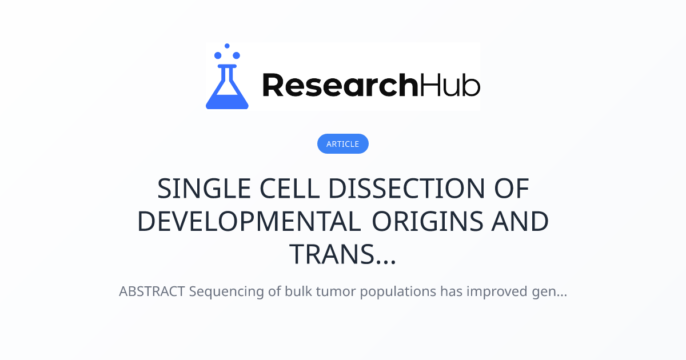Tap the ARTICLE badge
[342, 143]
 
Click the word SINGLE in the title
[204, 189]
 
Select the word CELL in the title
[289, 189]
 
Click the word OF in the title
[512, 189]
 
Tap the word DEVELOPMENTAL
[249, 221]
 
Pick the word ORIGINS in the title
[428, 221]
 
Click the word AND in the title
[520, 221]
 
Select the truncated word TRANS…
[342, 254]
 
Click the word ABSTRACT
[152, 291]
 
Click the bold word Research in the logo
[340, 85]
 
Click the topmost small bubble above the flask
[227, 46]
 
